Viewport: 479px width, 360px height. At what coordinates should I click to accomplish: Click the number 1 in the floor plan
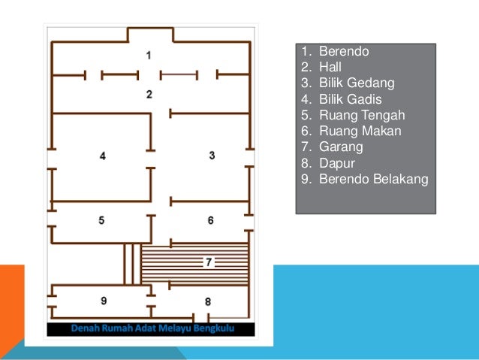(149, 56)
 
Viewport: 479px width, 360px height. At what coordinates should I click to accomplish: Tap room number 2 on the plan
(149, 94)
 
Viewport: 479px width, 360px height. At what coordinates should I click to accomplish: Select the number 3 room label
(212, 156)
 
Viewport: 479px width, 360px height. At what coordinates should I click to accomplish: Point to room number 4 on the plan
(103, 156)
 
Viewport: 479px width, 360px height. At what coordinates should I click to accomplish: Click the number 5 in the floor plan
(101, 220)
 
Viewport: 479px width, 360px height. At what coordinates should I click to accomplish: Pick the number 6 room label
(210, 220)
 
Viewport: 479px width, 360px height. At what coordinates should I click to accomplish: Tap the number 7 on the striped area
(209, 262)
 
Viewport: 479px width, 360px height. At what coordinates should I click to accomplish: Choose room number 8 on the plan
(208, 302)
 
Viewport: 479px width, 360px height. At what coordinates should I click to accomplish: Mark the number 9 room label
(104, 301)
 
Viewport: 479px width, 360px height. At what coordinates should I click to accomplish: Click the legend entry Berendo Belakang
(374, 179)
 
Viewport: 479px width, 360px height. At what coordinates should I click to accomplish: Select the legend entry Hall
(330, 67)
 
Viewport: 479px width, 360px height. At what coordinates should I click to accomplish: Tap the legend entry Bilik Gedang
(357, 83)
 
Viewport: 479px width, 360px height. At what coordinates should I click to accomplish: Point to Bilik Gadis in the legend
(351, 99)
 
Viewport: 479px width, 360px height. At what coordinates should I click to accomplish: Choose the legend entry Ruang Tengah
(362, 115)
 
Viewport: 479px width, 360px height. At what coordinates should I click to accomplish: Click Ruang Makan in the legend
(360, 131)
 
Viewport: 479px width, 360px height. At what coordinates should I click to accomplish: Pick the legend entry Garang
(341, 147)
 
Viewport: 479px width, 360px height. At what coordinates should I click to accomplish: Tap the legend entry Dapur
(337, 163)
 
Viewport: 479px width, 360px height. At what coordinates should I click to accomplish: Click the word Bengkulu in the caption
(214, 328)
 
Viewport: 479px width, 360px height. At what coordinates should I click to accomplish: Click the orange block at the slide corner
(11, 306)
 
